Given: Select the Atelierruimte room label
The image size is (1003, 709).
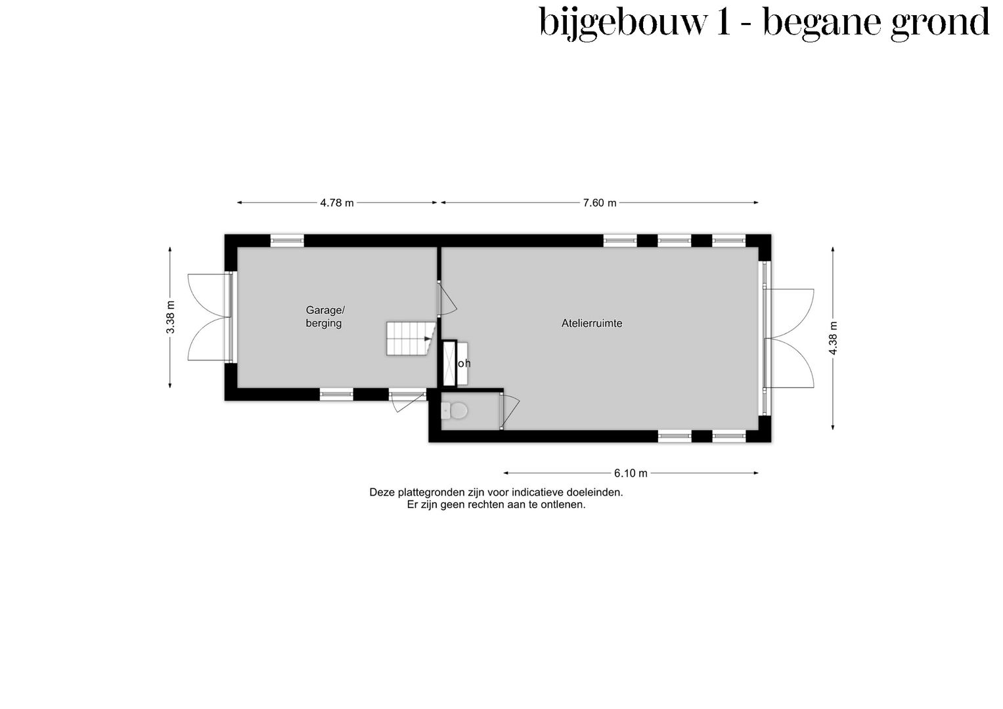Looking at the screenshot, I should click(591, 323).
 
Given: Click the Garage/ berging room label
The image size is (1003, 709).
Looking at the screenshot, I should click(324, 316).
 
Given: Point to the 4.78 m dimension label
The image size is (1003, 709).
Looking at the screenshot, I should click(337, 203).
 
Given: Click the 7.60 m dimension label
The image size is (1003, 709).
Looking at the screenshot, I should click(600, 203).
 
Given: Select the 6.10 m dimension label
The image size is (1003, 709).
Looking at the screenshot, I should click(631, 473).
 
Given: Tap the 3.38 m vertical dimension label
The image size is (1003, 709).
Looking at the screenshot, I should click(171, 317).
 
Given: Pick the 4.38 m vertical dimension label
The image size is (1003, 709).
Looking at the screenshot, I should click(833, 338).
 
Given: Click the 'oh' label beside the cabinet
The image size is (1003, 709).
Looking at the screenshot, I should click(464, 363).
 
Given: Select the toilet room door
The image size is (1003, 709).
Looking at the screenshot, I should click(509, 411).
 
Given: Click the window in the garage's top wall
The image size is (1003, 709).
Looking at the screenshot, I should click(287, 241).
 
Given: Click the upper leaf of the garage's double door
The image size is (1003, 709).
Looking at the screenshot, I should click(207, 295).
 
